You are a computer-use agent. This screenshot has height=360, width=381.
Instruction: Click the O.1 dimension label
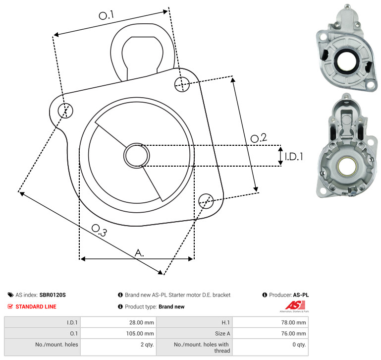click(106, 15)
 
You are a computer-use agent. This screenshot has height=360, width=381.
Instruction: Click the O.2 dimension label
click(259, 138)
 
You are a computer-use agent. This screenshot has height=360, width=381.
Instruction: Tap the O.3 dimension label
click(99, 231)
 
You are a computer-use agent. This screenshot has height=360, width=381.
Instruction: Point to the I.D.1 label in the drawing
click(294, 157)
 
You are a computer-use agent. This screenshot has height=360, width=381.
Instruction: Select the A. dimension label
click(139, 253)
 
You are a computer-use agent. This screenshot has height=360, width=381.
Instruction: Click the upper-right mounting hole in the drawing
click(182, 84)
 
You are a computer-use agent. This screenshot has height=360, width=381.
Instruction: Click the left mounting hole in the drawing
click(65, 111)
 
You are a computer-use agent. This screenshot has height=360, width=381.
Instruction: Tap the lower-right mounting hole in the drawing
click(206, 201)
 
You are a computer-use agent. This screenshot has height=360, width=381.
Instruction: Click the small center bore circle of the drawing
click(137, 156)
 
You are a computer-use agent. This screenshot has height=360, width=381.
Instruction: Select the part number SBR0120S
click(53, 295)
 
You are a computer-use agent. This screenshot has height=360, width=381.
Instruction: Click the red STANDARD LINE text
click(36, 306)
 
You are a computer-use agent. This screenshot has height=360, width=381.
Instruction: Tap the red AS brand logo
click(295, 305)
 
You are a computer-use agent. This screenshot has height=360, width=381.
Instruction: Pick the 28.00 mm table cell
click(118, 322)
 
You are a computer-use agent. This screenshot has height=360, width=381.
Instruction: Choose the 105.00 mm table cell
click(118, 333)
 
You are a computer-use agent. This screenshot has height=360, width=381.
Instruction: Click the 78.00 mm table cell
click(271, 322)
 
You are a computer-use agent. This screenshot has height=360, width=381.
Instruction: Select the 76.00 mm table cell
click(271, 333)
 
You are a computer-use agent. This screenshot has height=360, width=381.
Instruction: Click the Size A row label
click(222, 334)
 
